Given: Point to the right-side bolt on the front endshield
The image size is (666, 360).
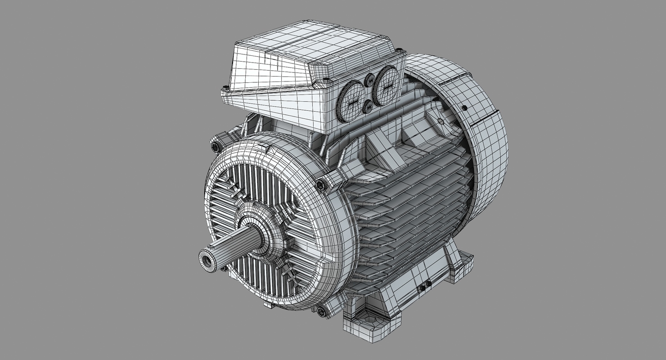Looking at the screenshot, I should (321, 184).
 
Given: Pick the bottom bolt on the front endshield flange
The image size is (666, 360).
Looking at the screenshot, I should (321, 311).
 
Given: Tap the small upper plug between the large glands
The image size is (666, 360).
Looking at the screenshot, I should (369, 81).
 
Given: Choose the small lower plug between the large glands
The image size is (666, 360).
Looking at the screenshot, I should (368, 106).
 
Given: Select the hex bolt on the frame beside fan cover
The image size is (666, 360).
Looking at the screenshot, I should (441, 121).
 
